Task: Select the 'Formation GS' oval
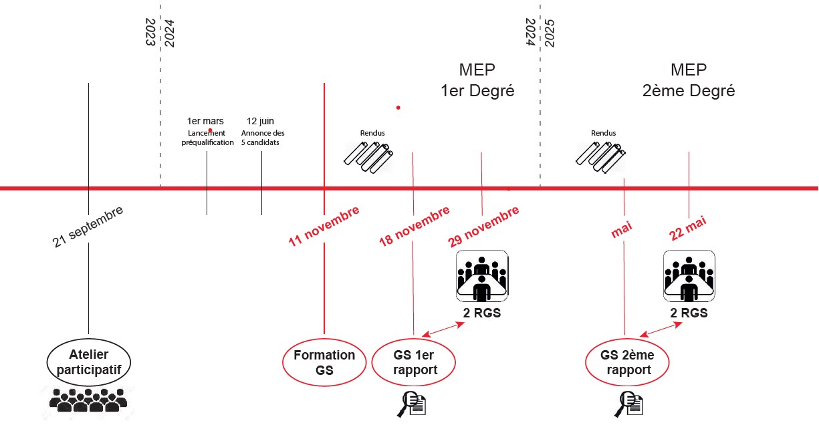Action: pyautogui.click(x=324, y=363)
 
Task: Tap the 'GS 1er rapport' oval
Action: pyautogui.click(x=414, y=363)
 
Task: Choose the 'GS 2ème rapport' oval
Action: pyautogui.click(x=628, y=363)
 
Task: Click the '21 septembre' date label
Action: pyautogui.click(x=88, y=227)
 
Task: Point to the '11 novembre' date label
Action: pyautogui.click(x=324, y=227)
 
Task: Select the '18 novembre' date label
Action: pyautogui.click(x=415, y=227)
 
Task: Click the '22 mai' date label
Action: pyautogui.click(x=688, y=229)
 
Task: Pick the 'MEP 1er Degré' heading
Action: pyautogui.click(x=477, y=80)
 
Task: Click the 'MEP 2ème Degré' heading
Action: pyautogui.click(x=689, y=80)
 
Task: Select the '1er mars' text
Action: pyautogui.click(x=205, y=121)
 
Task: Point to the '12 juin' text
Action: pyautogui.click(x=261, y=121)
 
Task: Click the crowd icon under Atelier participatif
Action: pyautogui.click(x=89, y=400)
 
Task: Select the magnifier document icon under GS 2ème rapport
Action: pyautogui.click(x=629, y=403)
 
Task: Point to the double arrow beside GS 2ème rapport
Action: pyautogui.click(x=661, y=329)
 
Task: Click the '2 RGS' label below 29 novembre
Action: pyautogui.click(x=482, y=313)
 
